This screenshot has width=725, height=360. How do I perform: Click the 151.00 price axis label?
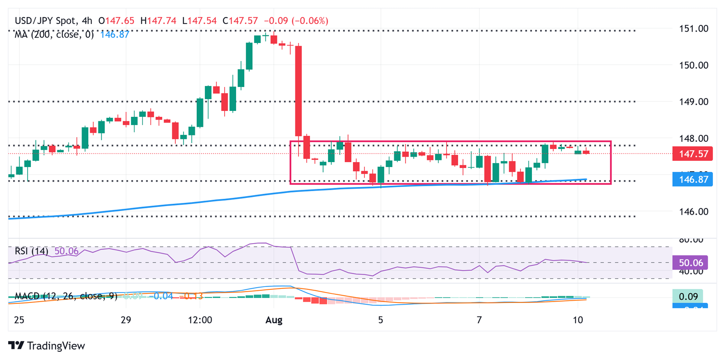(693, 29)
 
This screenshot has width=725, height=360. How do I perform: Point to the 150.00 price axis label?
(693, 65)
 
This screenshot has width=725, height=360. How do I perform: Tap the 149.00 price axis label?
(693, 102)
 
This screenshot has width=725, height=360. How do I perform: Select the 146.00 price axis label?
(693, 211)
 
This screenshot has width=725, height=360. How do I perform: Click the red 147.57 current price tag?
(693, 154)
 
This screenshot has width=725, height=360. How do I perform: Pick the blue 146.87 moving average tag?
(693, 179)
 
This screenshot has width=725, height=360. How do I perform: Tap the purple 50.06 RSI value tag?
(691, 263)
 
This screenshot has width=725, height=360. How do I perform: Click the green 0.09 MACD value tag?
(688, 297)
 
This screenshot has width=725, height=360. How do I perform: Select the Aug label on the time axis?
(274, 320)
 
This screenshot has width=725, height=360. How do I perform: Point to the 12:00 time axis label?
(200, 320)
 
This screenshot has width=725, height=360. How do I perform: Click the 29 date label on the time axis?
(126, 320)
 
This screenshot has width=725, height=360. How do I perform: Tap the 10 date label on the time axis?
(577, 320)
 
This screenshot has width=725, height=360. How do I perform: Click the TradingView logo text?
(56, 346)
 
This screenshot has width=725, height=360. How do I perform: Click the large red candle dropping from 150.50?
(299, 91)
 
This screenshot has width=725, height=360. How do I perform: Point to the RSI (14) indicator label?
(31, 251)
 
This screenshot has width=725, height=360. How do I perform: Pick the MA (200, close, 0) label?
(54, 34)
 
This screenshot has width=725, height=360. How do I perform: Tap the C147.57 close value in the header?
(240, 21)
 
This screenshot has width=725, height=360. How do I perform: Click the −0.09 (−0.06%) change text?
(296, 21)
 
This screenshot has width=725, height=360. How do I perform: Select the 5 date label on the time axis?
(381, 320)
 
